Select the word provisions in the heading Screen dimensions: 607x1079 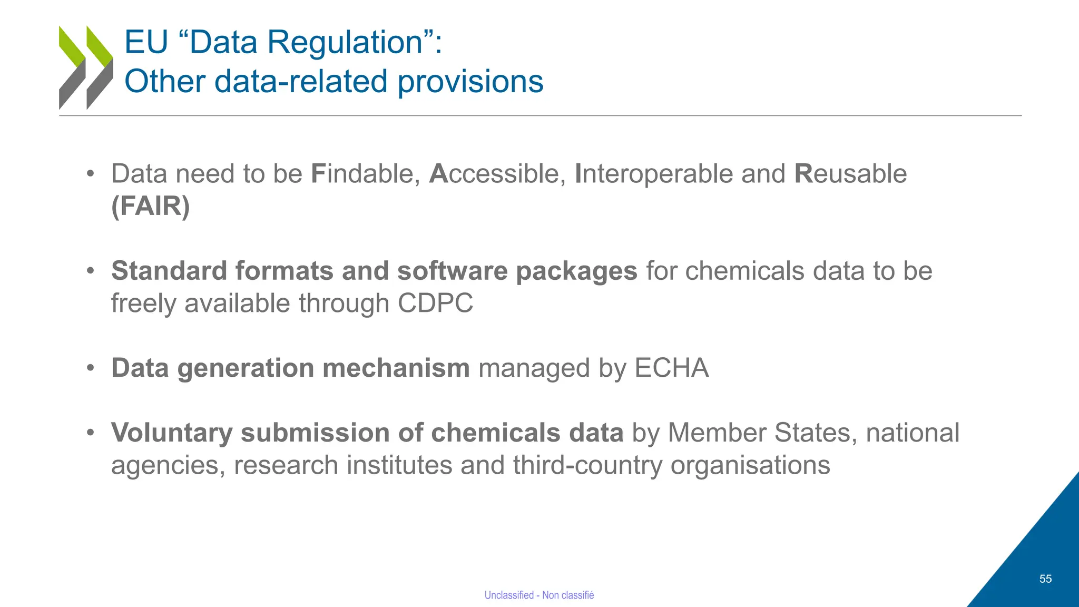pyautogui.click(x=470, y=82)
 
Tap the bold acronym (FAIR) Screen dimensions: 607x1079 pyautogui.click(x=150, y=205)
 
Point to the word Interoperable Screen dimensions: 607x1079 pyautogui.click(x=653, y=173)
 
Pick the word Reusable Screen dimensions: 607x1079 pyautogui.click(x=850, y=173)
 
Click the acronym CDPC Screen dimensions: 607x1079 pyautogui.click(x=435, y=303)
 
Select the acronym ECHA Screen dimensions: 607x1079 pyautogui.click(x=672, y=368)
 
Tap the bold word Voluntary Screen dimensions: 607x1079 pyautogui.click(x=172, y=433)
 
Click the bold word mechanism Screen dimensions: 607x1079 pyautogui.click(x=396, y=368)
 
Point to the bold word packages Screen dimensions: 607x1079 pyautogui.click(x=576, y=271)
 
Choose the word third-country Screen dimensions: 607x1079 pyautogui.click(x=587, y=465)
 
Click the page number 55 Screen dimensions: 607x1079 pyautogui.click(x=1045, y=579)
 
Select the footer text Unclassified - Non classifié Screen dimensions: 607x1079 pyautogui.click(x=539, y=595)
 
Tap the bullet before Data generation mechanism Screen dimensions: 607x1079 pyautogui.click(x=91, y=368)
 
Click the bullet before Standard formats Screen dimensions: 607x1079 pyautogui.click(x=91, y=271)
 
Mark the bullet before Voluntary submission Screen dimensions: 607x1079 pyautogui.click(x=91, y=433)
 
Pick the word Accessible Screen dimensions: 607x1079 pyautogui.click(x=497, y=173)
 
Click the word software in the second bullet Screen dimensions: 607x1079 pyautogui.click(x=452, y=271)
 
